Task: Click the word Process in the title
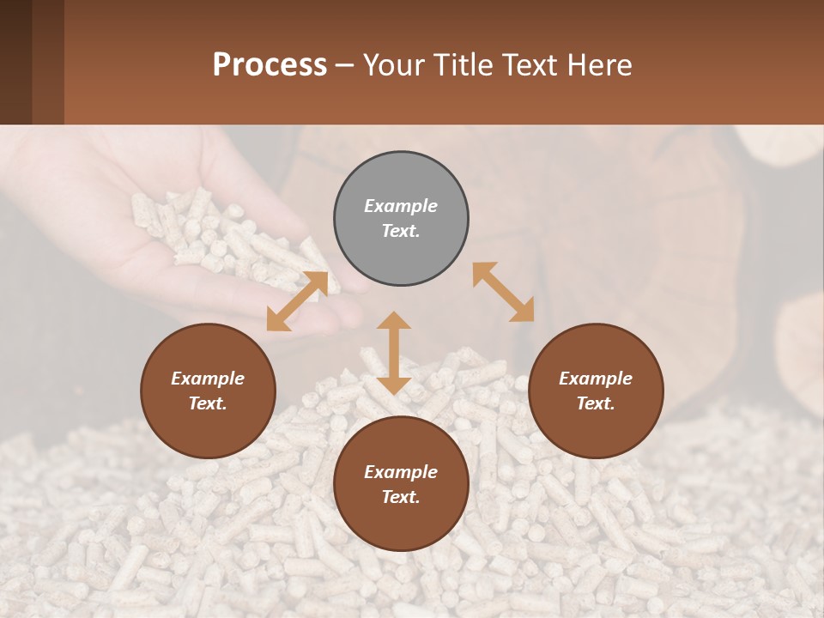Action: click(x=270, y=65)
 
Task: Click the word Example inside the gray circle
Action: click(x=401, y=206)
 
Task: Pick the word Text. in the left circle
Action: click(x=208, y=403)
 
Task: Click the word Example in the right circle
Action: click(x=596, y=379)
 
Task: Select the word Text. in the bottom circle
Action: click(x=401, y=497)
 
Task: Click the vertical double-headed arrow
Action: click(x=394, y=353)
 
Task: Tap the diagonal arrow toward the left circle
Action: click(x=297, y=301)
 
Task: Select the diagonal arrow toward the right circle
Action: click(x=503, y=292)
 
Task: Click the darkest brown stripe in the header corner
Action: click(x=15, y=62)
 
